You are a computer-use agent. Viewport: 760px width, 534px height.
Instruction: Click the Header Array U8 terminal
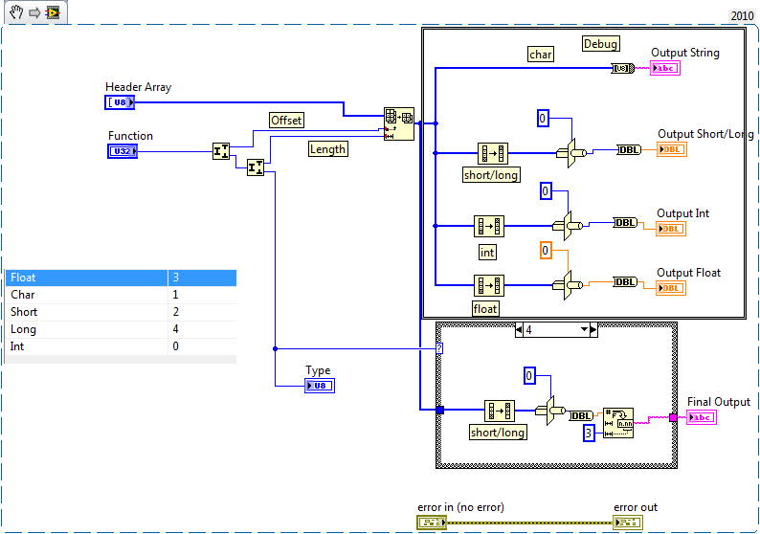[121, 102]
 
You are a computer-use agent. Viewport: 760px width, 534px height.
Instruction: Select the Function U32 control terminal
[122, 150]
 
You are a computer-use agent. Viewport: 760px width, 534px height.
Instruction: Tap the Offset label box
[286, 120]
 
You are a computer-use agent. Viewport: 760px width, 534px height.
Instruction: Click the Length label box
[327, 148]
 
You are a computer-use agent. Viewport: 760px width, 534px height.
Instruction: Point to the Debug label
[601, 43]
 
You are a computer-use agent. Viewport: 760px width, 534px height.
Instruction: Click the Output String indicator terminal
[666, 68]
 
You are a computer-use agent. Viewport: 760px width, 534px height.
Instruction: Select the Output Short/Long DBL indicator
[672, 149]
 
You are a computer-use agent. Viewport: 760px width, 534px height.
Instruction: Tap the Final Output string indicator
[702, 417]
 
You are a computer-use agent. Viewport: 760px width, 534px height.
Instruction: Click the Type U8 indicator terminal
[320, 386]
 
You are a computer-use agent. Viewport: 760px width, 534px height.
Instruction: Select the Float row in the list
[86, 278]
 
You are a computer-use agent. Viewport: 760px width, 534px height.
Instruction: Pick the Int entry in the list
[86, 346]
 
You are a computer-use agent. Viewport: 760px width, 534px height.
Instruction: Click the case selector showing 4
[556, 329]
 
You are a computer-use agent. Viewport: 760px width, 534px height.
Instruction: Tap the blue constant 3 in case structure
[590, 434]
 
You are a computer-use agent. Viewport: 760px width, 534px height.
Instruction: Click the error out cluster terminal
[628, 522]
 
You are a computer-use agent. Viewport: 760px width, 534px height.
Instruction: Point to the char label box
[541, 55]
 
